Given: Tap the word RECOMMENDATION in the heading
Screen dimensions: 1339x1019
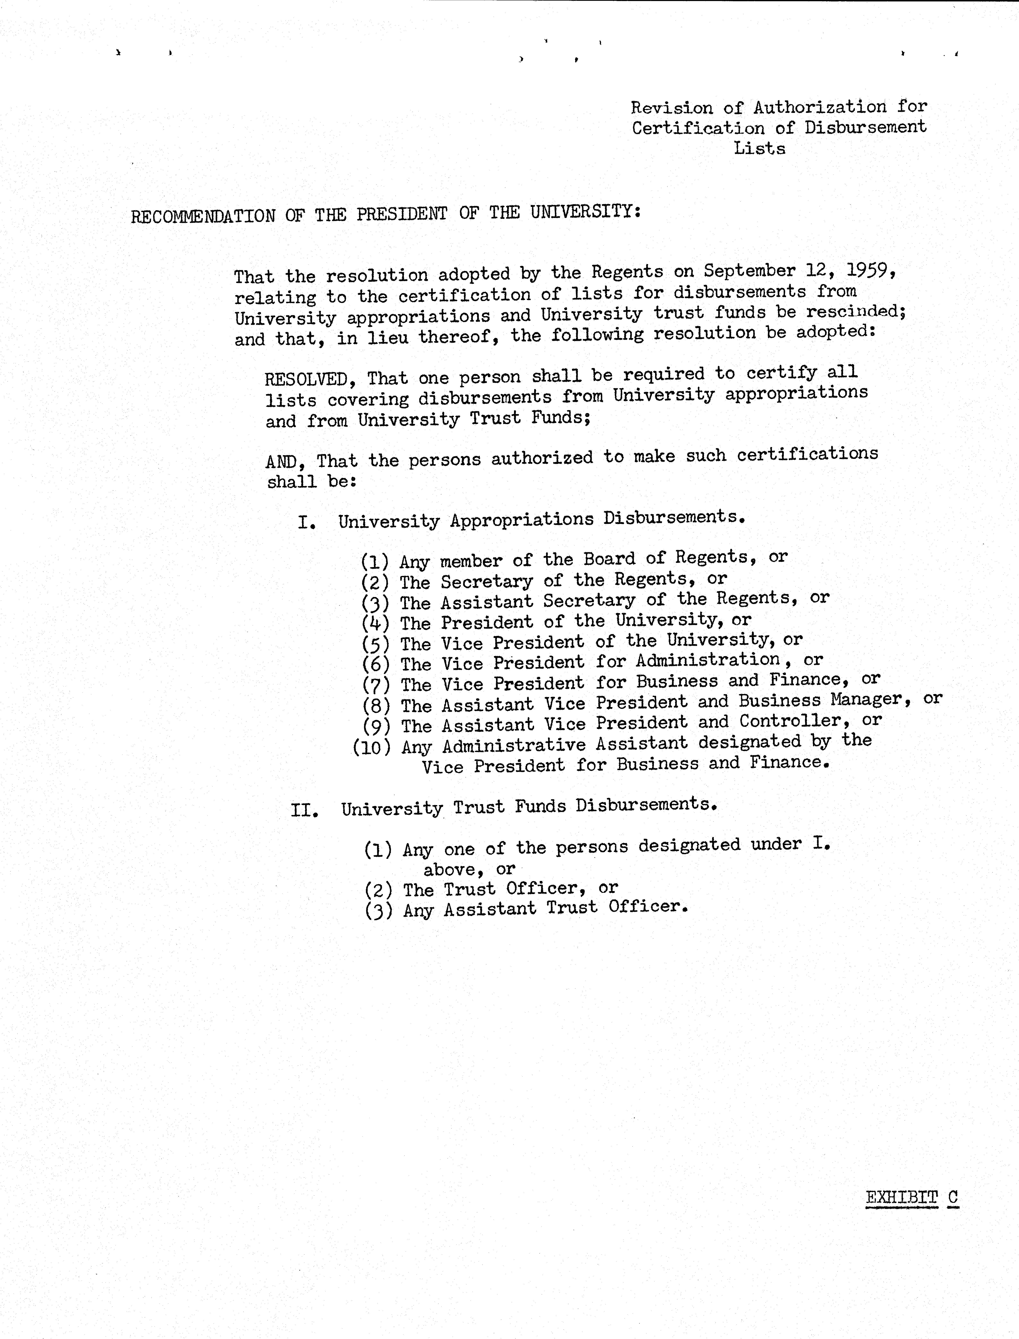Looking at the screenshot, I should tap(203, 216).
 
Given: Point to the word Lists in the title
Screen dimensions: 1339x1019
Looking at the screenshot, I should tap(759, 149).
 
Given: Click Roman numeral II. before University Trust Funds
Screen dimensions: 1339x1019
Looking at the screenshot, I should tap(305, 810).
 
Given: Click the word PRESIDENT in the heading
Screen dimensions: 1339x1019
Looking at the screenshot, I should tap(402, 214).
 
